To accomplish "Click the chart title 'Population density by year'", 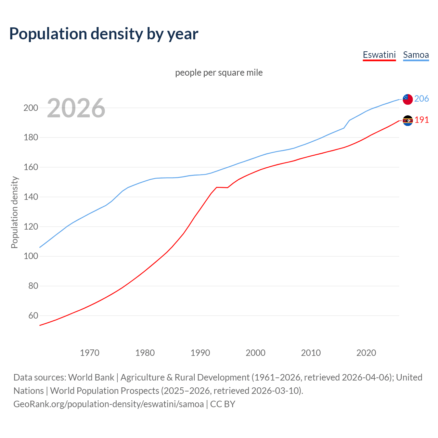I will coord(104,34).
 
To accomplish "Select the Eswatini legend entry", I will coord(379,55).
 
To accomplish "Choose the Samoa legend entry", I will coord(416,55).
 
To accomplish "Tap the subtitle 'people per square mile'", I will coord(219,73).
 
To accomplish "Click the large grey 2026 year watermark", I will coord(76,108).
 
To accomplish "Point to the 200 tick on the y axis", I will coord(30,108).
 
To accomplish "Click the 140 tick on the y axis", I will coord(30,197).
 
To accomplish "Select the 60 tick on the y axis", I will coord(33,315).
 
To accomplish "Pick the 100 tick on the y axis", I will coord(30,256).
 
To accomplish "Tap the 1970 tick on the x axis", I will coord(90,353).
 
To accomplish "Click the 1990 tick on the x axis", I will coord(200,353).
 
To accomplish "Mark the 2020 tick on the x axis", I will coord(366,353).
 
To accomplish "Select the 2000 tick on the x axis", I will coord(256,353).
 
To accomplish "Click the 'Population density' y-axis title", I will coord(14,212).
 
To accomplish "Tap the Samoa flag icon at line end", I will coord(408,99).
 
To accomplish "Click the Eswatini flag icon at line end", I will coord(408,120).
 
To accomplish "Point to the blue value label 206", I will coord(422,99).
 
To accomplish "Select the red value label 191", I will coord(422,120).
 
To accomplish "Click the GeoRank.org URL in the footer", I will coord(108,404).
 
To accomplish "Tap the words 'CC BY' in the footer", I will coord(223,404).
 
